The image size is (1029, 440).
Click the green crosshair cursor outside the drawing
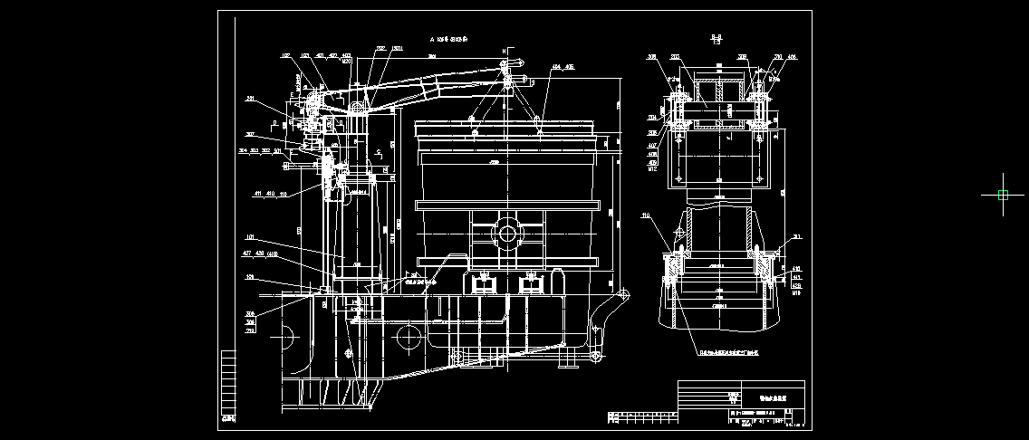pos(1003,195)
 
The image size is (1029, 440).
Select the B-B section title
pos(716,38)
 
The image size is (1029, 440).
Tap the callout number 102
pos(286,56)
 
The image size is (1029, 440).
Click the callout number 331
pos(251,99)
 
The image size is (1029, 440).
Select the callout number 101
pos(249,238)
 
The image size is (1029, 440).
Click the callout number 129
pos(249,277)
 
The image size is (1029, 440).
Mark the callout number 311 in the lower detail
pos(796,237)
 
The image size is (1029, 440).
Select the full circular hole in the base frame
pos(409,340)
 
